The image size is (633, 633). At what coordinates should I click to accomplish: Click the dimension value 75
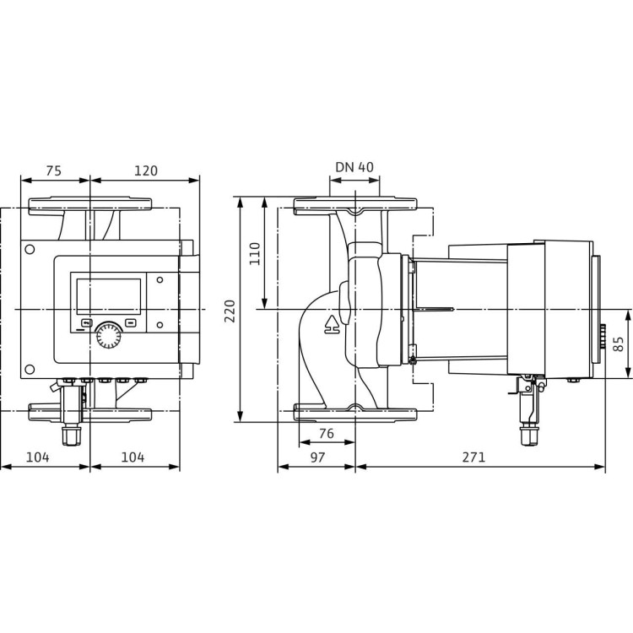(x=53, y=170)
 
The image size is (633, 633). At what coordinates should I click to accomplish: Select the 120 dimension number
(x=145, y=170)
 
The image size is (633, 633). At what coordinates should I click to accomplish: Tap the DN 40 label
(x=354, y=167)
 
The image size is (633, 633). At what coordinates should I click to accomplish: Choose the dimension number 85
(x=619, y=344)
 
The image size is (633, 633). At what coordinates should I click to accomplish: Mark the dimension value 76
(x=327, y=434)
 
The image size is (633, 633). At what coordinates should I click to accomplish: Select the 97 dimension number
(x=316, y=457)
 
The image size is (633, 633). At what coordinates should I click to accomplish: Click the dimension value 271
(x=474, y=457)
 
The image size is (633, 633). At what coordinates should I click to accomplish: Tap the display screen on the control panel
(x=109, y=296)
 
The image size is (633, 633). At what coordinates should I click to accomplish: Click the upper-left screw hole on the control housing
(x=30, y=250)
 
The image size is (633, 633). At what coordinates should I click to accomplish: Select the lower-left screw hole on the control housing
(x=30, y=369)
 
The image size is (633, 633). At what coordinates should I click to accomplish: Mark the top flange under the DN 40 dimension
(x=355, y=205)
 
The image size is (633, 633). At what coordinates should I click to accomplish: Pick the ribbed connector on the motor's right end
(x=602, y=338)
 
